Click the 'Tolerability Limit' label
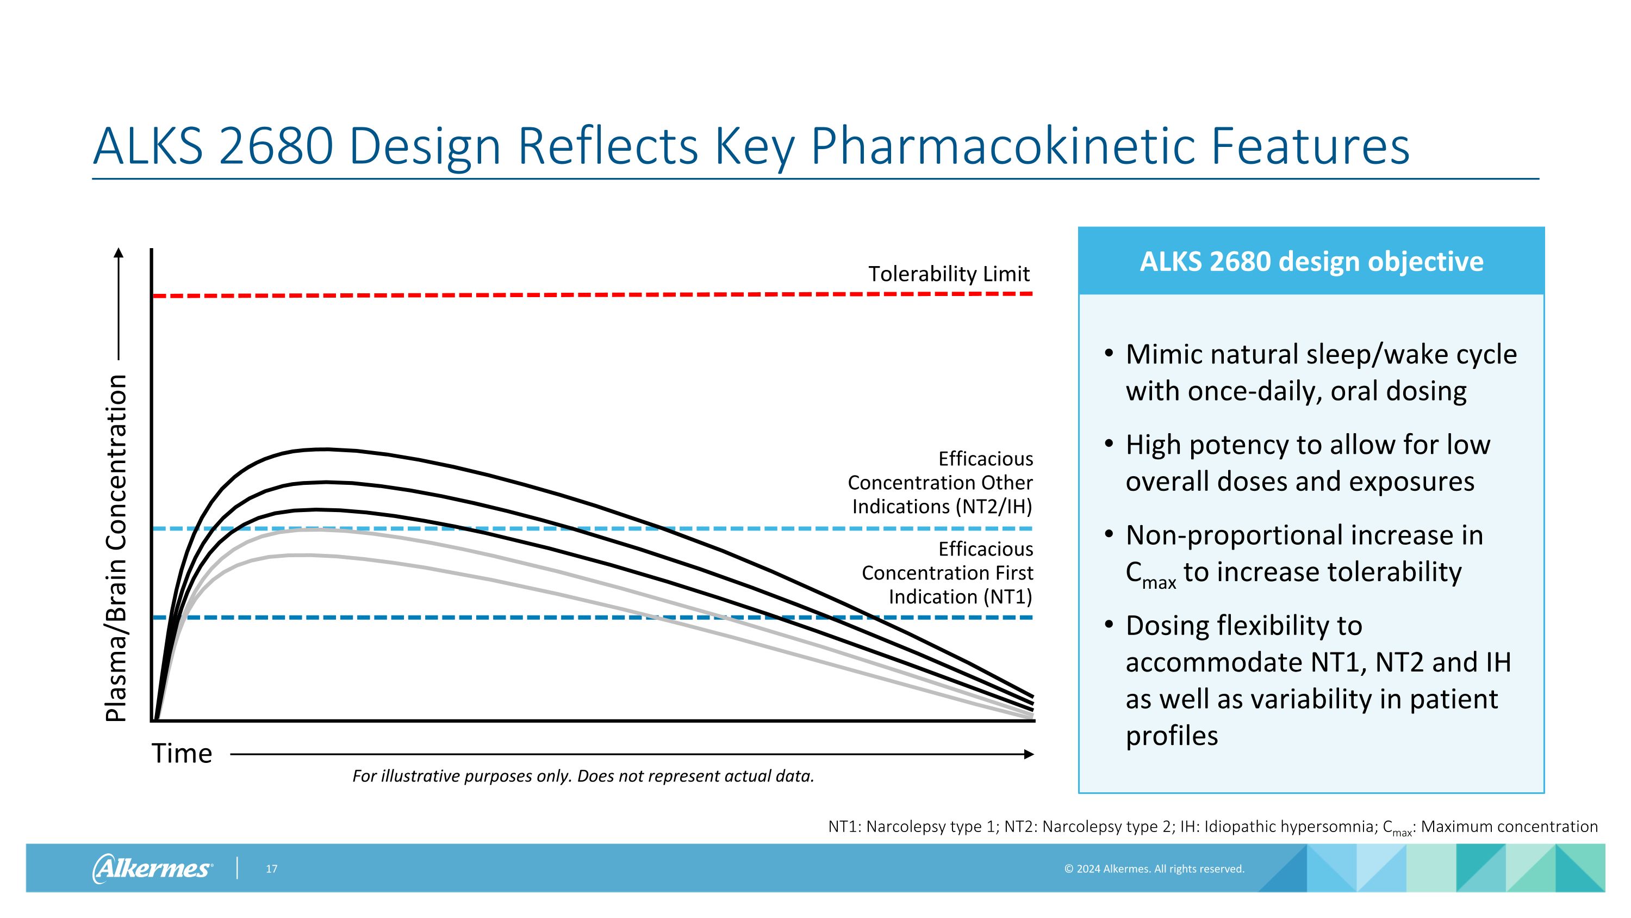tap(949, 274)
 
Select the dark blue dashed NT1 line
tap(443, 618)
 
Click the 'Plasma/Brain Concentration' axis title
tap(116, 548)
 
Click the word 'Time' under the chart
tap(182, 754)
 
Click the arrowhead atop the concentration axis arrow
tap(119, 254)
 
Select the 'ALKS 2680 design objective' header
tap(1311, 262)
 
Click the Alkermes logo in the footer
tap(152, 868)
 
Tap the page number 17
tap(272, 869)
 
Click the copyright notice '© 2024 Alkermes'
tap(1154, 869)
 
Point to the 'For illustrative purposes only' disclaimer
tap(582, 776)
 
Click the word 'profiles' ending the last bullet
tap(1172, 736)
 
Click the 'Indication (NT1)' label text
tap(960, 597)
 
